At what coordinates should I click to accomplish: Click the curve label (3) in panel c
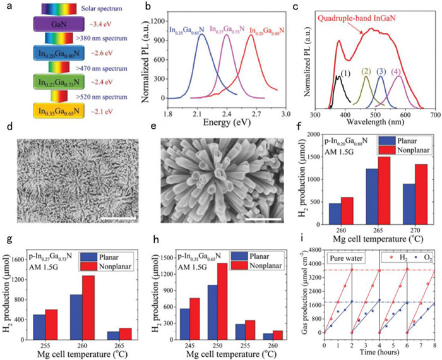point(381,71)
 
